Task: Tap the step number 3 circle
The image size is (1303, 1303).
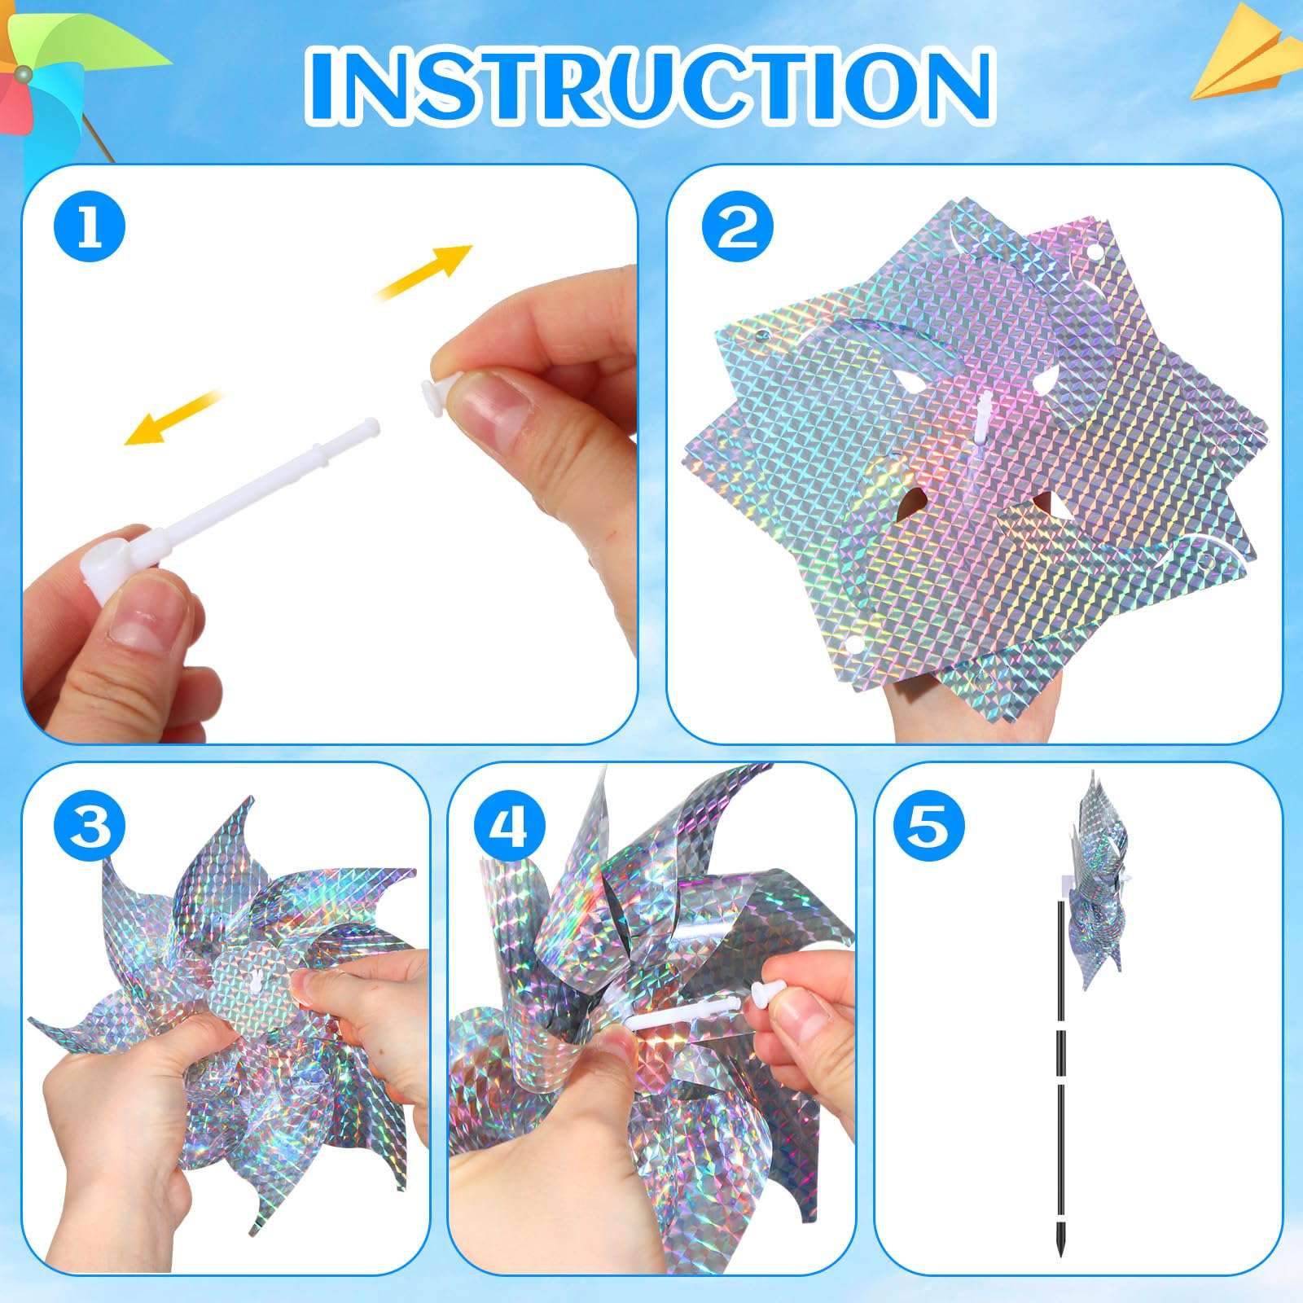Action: (90, 824)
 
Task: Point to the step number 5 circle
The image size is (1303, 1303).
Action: (929, 824)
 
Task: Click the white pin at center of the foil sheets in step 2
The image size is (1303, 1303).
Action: (983, 415)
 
